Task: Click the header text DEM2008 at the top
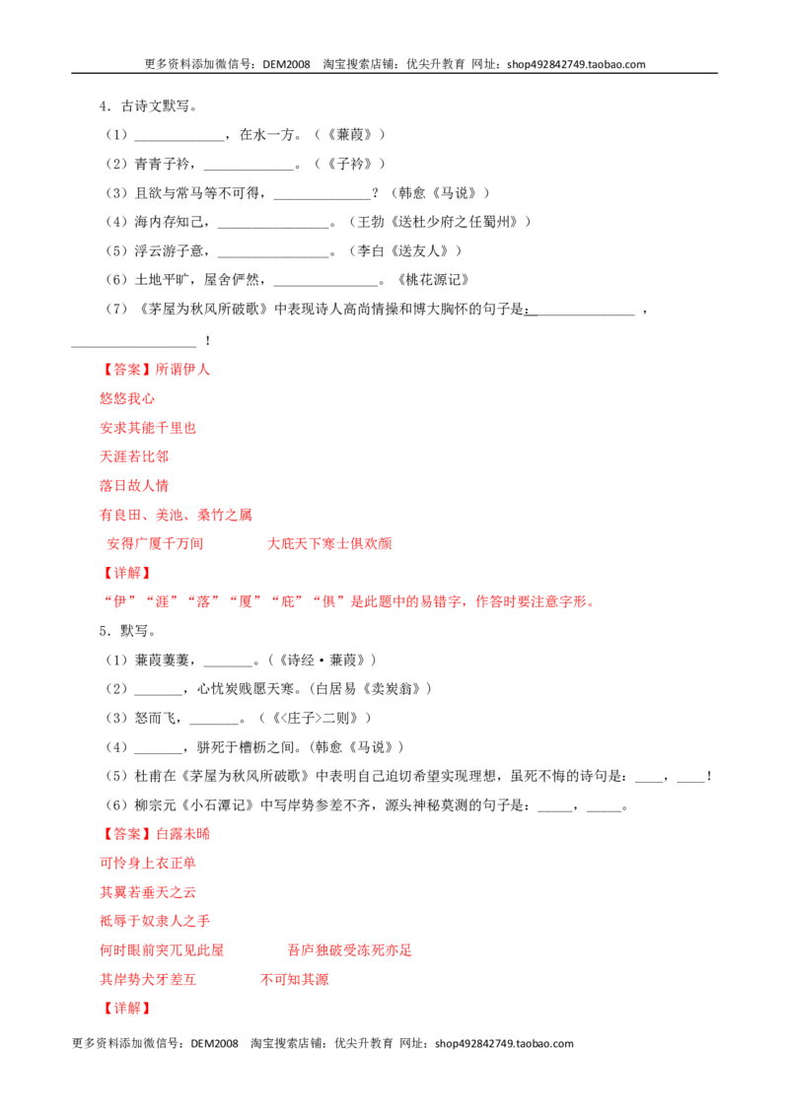coord(286,64)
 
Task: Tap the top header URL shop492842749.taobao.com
coord(576,64)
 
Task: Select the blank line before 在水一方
coord(179,140)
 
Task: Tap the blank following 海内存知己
coord(273,228)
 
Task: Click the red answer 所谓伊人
coord(183,370)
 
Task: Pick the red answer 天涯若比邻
coord(134,456)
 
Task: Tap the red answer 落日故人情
coord(134,485)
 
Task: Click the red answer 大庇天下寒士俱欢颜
coord(329,544)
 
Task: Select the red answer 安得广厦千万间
coord(155,544)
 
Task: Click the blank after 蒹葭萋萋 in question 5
coord(229,665)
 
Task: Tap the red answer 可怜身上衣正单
coord(148,864)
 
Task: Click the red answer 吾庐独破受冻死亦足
coord(350,950)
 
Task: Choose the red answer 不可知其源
coord(295,979)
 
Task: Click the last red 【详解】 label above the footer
coord(127,1009)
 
